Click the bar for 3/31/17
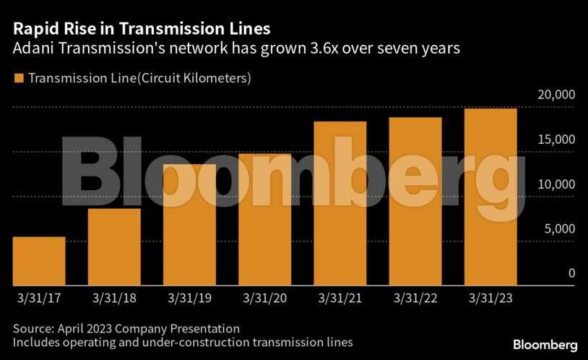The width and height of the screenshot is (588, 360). (39, 261)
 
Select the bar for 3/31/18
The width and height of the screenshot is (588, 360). (114, 247)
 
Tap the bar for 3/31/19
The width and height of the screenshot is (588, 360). (189, 225)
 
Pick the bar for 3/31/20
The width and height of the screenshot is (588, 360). (264, 220)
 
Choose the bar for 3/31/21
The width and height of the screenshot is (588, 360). (340, 203)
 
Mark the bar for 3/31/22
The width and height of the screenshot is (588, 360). (415, 201)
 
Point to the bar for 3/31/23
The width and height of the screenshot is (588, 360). (490, 197)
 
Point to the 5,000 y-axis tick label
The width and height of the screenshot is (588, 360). (558, 229)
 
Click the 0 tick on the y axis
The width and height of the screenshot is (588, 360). (571, 273)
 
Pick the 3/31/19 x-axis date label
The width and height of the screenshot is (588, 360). (189, 297)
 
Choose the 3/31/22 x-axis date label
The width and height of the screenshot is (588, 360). (415, 297)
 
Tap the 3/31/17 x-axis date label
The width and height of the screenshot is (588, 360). (39, 297)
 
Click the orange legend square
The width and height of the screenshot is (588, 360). (18, 77)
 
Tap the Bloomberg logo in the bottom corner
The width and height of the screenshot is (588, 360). (545, 345)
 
